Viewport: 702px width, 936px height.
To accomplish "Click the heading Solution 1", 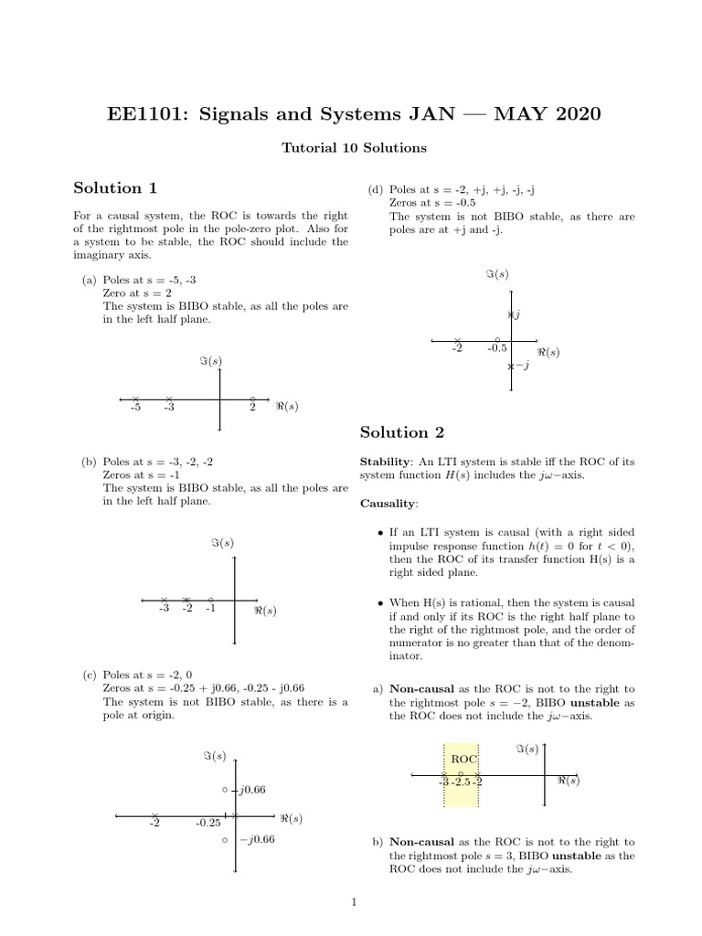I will tap(115, 188).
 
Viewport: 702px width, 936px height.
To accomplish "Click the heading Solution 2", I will tap(402, 432).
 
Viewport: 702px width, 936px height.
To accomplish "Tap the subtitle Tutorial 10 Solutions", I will tap(351, 146).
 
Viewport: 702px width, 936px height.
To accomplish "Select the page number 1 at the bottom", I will tap(352, 904).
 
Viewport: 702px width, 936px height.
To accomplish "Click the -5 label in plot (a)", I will tap(135, 409).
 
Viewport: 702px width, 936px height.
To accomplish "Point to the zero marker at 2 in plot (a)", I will tap(252, 399).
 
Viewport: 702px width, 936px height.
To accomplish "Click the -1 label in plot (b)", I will tap(211, 609).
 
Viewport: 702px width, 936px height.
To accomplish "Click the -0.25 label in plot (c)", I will tap(207, 824).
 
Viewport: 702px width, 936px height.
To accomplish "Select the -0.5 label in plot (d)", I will tap(496, 348).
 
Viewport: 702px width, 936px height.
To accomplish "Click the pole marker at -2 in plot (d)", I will tap(458, 340).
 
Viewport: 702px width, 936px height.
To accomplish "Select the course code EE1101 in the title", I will tap(147, 114).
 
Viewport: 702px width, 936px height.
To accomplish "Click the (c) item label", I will tap(90, 675).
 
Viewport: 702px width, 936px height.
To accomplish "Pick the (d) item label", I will tap(375, 189).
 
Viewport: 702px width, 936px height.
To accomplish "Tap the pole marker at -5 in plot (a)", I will tap(135, 399).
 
